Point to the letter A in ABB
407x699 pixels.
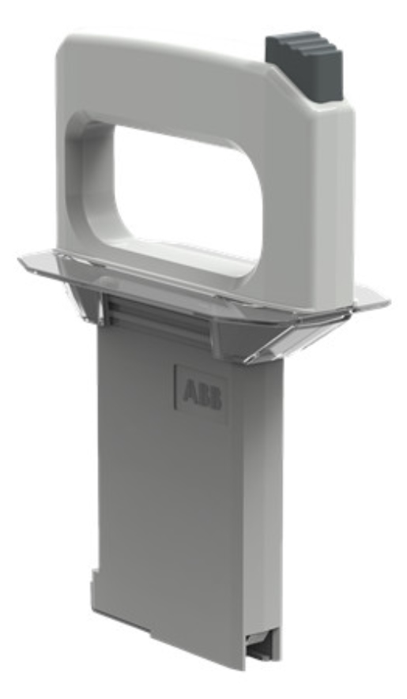click(190, 391)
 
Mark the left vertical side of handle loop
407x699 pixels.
click(79, 182)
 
